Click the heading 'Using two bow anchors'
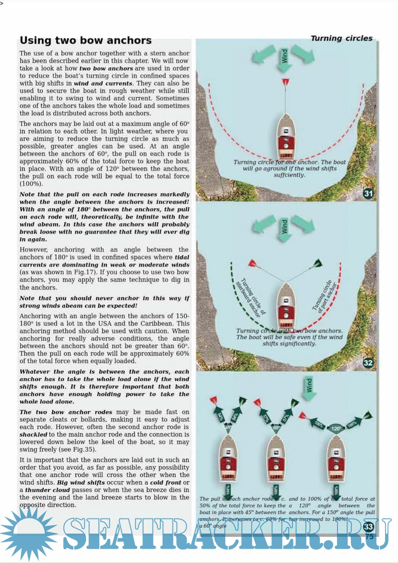[x=86, y=41]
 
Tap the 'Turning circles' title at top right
[x=341, y=39]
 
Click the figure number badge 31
[x=368, y=193]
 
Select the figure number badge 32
[x=368, y=363]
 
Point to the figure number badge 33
[x=368, y=526]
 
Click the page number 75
[x=369, y=536]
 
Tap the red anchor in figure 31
[x=284, y=82]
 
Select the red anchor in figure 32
[x=252, y=263]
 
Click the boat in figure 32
[x=285, y=306]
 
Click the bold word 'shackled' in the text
[x=33, y=434]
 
